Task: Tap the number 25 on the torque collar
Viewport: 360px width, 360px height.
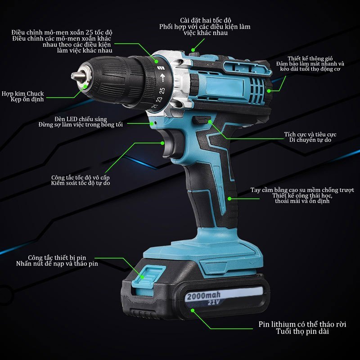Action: click(x=162, y=90)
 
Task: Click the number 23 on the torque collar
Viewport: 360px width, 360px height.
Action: click(x=159, y=99)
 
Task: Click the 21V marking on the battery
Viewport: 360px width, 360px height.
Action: click(x=214, y=302)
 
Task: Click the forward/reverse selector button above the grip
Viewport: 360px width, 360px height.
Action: click(x=201, y=120)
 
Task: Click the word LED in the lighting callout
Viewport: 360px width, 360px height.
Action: click(x=72, y=119)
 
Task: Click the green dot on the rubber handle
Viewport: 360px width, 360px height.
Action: click(x=229, y=198)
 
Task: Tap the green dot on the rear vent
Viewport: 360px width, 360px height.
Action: click(x=269, y=91)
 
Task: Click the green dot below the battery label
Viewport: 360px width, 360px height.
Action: click(x=193, y=310)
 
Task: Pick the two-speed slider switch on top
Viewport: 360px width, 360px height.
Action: click(x=194, y=54)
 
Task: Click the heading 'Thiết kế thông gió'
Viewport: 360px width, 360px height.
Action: click(x=310, y=58)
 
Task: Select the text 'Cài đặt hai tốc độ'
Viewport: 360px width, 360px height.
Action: click(x=206, y=21)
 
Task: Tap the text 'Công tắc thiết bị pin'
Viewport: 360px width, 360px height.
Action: click(x=57, y=257)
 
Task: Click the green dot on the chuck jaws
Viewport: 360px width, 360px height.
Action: click(x=85, y=86)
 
